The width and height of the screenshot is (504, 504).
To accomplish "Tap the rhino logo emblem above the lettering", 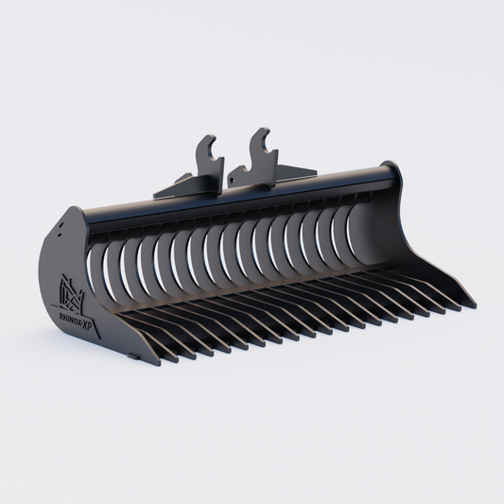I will [72, 286].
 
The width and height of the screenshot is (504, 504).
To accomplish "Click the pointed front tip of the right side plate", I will [471, 304].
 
